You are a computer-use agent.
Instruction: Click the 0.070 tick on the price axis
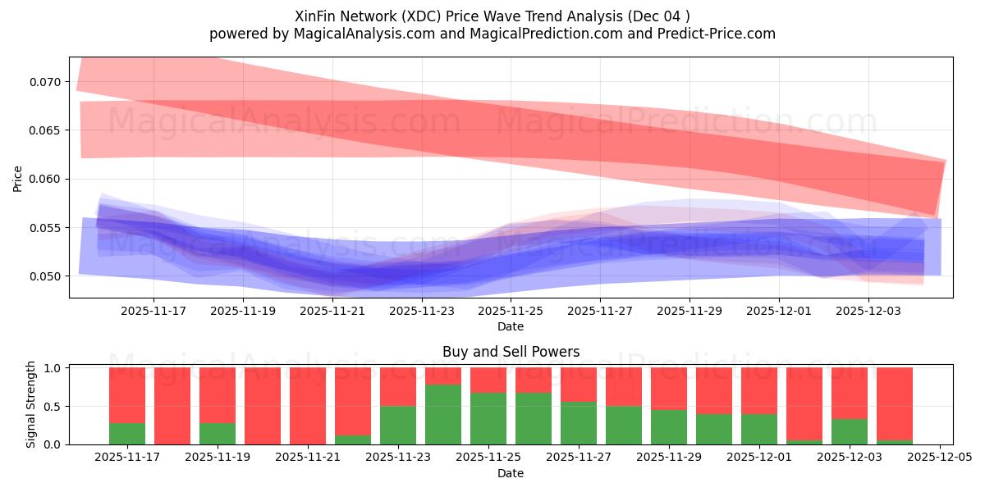[45, 82]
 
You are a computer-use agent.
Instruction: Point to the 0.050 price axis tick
[45, 276]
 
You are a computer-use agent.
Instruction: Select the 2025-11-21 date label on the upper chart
[332, 312]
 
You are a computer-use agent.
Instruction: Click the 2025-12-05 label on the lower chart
[938, 458]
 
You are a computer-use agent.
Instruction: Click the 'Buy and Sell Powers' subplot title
[511, 352]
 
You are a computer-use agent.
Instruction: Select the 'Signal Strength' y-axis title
[31, 404]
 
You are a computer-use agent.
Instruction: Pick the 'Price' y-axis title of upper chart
[18, 178]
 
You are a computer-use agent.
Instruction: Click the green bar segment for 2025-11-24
[443, 414]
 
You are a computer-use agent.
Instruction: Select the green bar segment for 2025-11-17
[127, 433]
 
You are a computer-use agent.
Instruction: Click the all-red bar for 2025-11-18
[172, 406]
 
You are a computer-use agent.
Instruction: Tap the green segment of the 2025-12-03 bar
[850, 431]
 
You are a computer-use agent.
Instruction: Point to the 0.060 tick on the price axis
[45, 179]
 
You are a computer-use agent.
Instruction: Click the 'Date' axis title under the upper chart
[511, 326]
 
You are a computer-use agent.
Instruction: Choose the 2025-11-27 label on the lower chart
[579, 458]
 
